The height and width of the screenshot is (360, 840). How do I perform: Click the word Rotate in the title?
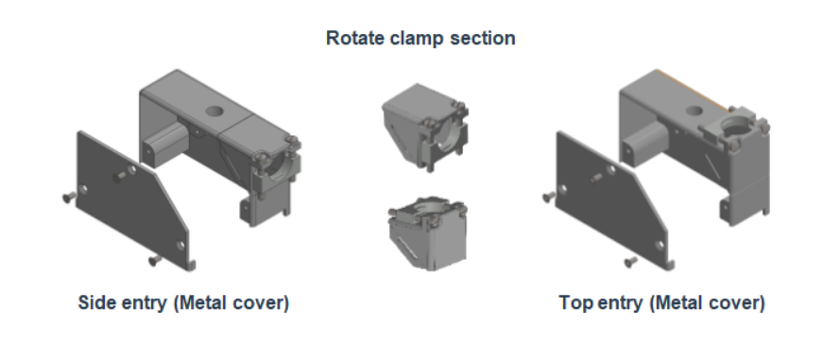tap(351, 39)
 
